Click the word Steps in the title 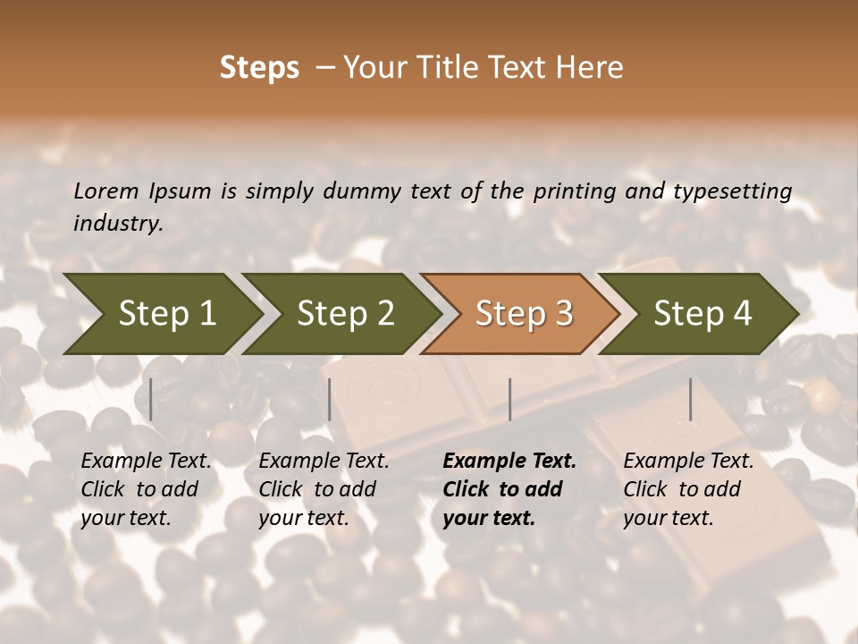click(259, 68)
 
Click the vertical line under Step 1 click(151, 399)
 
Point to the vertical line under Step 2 click(330, 399)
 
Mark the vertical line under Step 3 click(510, 399)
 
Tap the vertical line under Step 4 click(691, 399)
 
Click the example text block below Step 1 click(146, 489)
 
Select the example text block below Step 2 click(324, 489)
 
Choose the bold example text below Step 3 click(509, 489)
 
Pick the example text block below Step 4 click(688, 489)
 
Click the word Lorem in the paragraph click(106, 191)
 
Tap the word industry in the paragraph click(118, 224)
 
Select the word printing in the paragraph click(574, 191)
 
